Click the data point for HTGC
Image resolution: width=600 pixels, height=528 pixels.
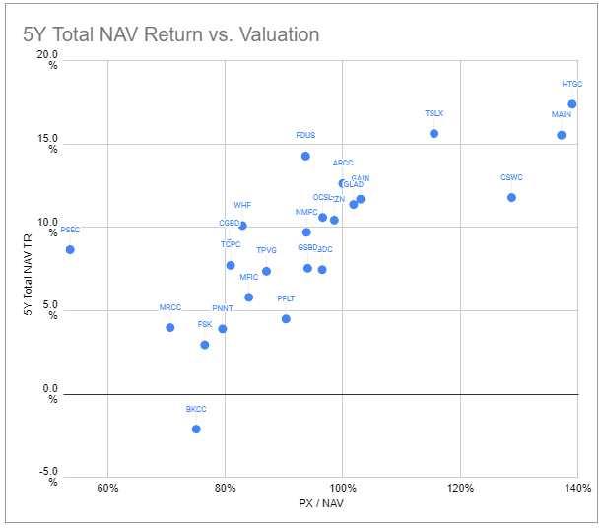pyautogui.click(x=571, y=104)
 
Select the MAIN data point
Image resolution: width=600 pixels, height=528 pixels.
pyautogui.click(x=561, y=135)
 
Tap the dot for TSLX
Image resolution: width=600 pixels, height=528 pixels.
pyautogui.click(x=433, y=133)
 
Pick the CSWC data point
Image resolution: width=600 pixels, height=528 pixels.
pyautogui.click(x=511, y=197)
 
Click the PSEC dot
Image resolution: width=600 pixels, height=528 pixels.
pyautogui.click(x=70, y=249)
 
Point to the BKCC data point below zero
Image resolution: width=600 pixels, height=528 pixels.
pyautogui.click(x=196, y=429)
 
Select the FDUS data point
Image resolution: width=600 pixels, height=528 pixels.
pyautogui.click(x=305, y=156)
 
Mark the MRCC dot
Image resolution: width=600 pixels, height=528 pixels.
pyautogui.click(x=170, y=327)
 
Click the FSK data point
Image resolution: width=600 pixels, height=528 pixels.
pyautogui.click(x=205, y=345)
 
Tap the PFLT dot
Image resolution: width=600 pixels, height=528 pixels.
pyautogui.click(x=286, y=318)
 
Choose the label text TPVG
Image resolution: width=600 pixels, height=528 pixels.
pyautogui.click(x=266, y=250)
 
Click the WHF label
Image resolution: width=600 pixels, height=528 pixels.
pyautogui.click(x=242, y=205)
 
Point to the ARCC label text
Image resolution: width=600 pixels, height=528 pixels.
pyautogui.click(x=342, y=163)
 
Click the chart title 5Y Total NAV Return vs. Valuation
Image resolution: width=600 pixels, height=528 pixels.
pyautogui.click(x=170, y=34)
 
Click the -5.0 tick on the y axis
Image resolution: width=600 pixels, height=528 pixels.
pyautogui.click(x=47, y=476)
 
